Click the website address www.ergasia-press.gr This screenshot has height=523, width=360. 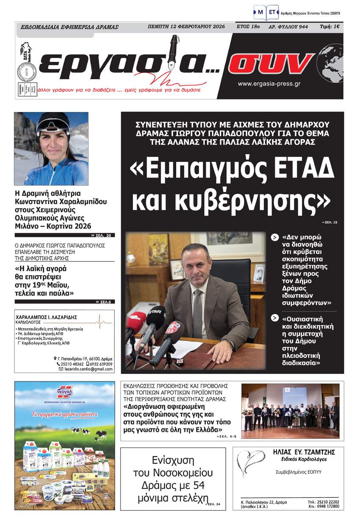pos(269,84)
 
